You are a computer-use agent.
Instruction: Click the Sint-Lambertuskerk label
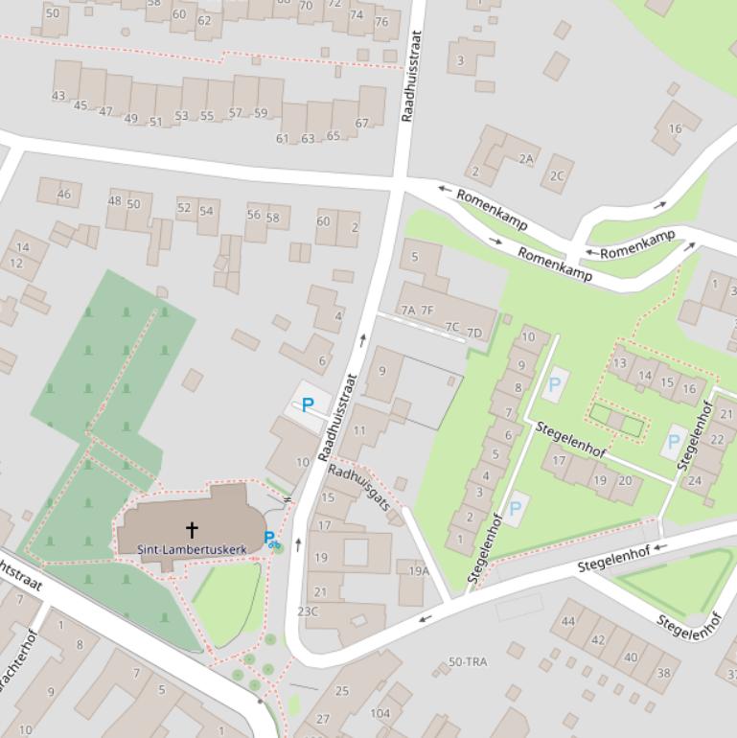pyautogui.click(x=191, y=549)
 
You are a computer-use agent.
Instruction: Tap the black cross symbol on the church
pyautogui.click(x=192, y=529)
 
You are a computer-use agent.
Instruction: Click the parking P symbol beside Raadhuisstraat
pyautogui.click(x=308, y=404)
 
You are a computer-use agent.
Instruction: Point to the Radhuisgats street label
pyautogui.click(x=359, y=487)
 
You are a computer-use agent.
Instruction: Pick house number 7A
pyautogui.click(x=408, y=310)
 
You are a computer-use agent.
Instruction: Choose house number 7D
pyautogui.click(x=473, y=333)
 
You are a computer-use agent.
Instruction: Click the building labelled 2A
pyautogui.click(x=525, y=159)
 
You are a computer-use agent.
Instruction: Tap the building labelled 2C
pyautogui.click(x=557, y=175)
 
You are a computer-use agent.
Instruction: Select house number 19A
pyautogui.click(x=418, y=571)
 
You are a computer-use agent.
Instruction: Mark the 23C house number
pyautogui.click(x=308, y=611)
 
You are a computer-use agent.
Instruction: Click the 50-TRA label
pyautogui.click(x=468, y=661)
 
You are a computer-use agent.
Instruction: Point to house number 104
pyautogui.click(x=380, y=713)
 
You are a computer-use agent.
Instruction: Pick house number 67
pyautogui.click(x=362, y=123)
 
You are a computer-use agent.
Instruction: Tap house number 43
pyautogui.click(x=58, y=96)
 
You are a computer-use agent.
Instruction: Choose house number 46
pyautogui.click(x=64, y=194)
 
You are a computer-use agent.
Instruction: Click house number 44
pyautogui.click(x=568, y=621)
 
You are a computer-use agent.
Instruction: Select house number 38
pyautogui.click(x=663, y=673)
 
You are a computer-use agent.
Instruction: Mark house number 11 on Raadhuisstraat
pyautogui.click(x=359, y=430)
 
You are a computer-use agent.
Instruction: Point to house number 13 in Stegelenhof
pyautogui.click(x=620, y=363)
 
